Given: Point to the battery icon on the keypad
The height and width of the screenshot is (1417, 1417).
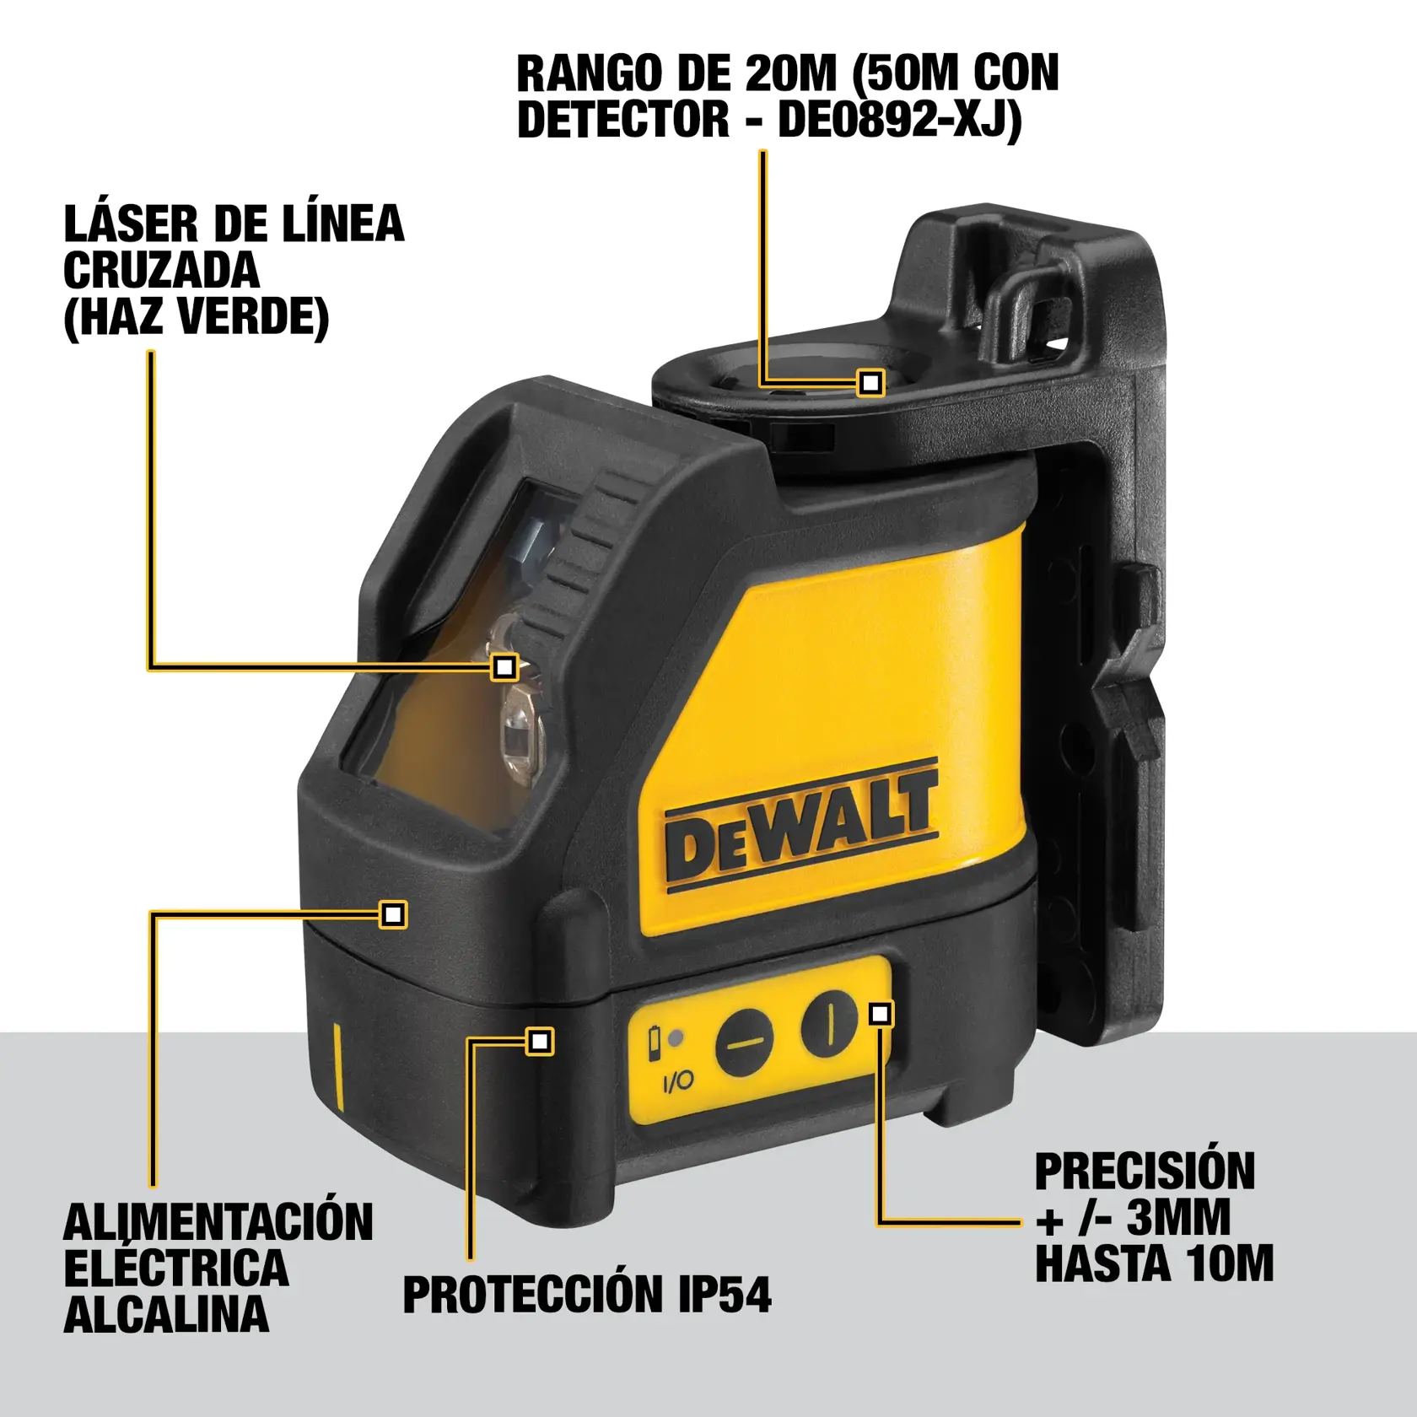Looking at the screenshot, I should [x=654, y=1043].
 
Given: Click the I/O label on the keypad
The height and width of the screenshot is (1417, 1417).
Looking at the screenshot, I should [x=677, y=1080].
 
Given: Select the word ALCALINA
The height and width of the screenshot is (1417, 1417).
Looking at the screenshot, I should [x=166, y=1313].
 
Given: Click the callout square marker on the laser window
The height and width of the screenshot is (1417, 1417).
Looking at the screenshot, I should [x=504, y=667].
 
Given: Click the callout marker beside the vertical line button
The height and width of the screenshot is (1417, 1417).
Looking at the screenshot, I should [x=881, y=1013].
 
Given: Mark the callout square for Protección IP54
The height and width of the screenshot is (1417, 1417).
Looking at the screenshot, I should [x=539, y=1041].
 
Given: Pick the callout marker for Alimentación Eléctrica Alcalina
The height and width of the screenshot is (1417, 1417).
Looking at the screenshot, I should [x=393, y=914].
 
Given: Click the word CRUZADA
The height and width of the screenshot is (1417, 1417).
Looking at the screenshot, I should [x=161, y=271].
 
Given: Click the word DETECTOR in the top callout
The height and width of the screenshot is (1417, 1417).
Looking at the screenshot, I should [x=622, y=119].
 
